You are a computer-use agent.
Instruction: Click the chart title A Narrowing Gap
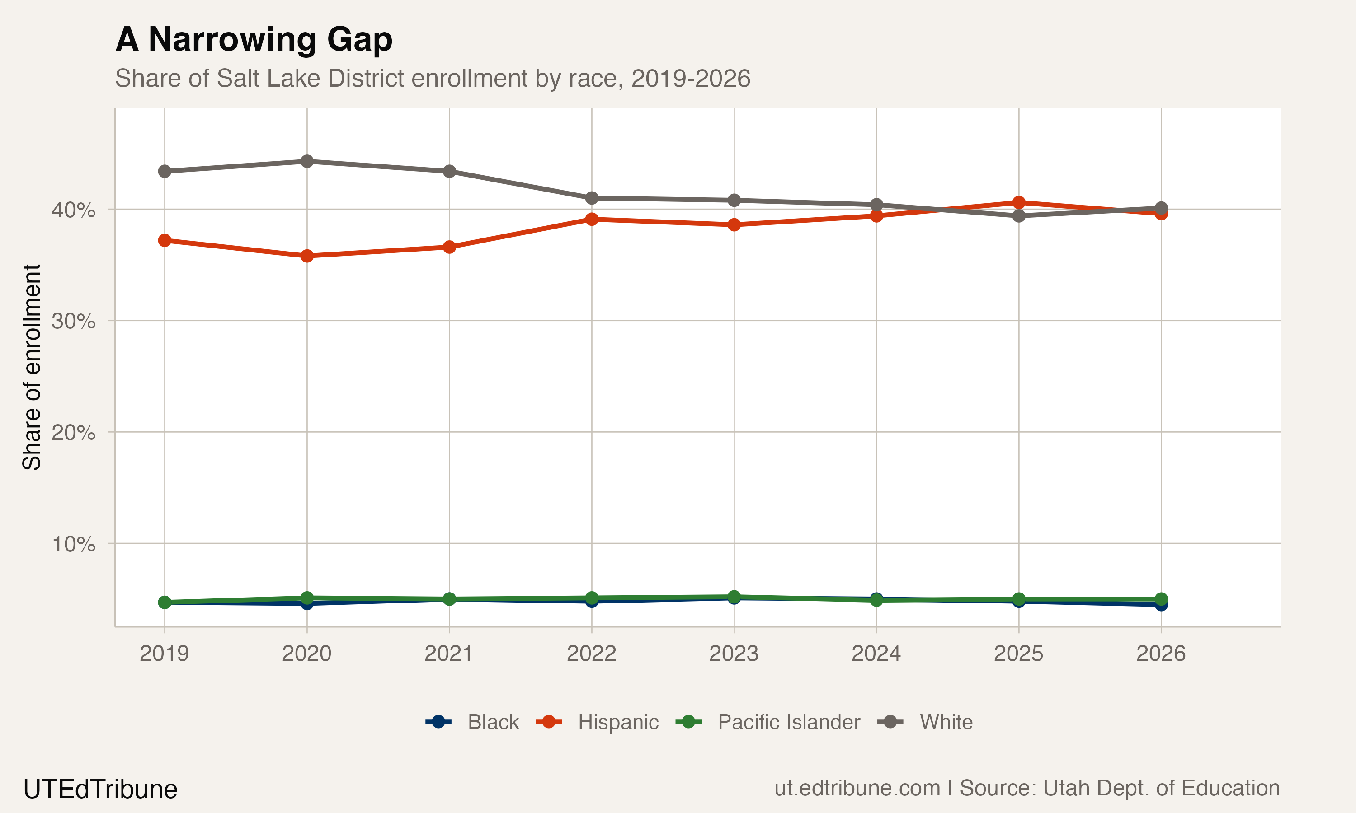(x=254, y=40)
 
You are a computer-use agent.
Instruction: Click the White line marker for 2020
(x=307, y=161)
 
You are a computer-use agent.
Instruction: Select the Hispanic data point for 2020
(x=307, y=256)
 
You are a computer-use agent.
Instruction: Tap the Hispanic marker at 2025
(x=1018, y=203)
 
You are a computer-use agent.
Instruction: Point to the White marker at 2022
(x=591, y=198)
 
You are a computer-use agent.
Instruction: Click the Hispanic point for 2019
(x=165, y=240)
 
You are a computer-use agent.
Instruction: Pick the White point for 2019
(x=165, y=172)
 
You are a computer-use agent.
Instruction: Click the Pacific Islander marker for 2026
(x=1161, y=599)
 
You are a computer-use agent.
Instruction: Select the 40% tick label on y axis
(x=73, y=210)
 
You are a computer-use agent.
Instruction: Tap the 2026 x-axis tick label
(x=1161, y=654)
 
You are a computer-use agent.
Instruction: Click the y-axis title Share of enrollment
(x=32, y=367)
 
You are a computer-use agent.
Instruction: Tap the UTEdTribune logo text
(x=100, y=790)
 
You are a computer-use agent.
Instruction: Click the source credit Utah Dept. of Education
(x=1119, y=788)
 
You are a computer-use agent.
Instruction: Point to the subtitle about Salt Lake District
(x=432, y=78)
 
